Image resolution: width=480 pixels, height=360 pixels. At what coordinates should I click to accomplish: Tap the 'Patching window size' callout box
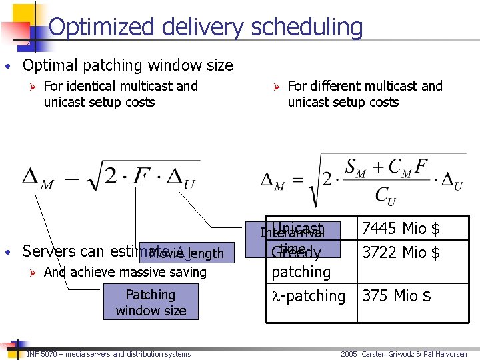click(x=151, y=303)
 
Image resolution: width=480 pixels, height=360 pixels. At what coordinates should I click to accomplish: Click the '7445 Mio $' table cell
click(x=400, y=229)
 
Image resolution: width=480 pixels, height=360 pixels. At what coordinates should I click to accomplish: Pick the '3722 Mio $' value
click(x=400, y=253)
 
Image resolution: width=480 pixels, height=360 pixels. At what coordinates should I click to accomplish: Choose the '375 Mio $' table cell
click(x=396, y=295)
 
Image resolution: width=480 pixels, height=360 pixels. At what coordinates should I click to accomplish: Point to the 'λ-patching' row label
click(x=309, y=295)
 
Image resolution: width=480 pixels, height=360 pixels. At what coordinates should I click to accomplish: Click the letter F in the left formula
click(x=141, y=177)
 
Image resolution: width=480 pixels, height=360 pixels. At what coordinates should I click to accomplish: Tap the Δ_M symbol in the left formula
click(x=38, y=179)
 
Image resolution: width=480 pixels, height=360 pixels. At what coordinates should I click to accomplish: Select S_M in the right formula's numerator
click(x=355, y=166)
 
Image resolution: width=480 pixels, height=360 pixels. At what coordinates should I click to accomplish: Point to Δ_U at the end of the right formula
click(x=453, y=181)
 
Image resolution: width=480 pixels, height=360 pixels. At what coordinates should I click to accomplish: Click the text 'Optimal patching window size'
click(x=127, y=65)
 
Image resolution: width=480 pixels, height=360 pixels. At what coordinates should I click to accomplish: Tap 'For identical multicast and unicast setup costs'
click(x=121, y=94)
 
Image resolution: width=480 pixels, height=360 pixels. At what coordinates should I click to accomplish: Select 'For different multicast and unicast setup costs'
click(x=365, y=94)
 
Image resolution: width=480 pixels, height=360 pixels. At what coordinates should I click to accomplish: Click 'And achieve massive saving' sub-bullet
click(x=125, y=272)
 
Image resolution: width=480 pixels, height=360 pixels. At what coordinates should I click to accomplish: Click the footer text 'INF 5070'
click(x=44, y=354)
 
